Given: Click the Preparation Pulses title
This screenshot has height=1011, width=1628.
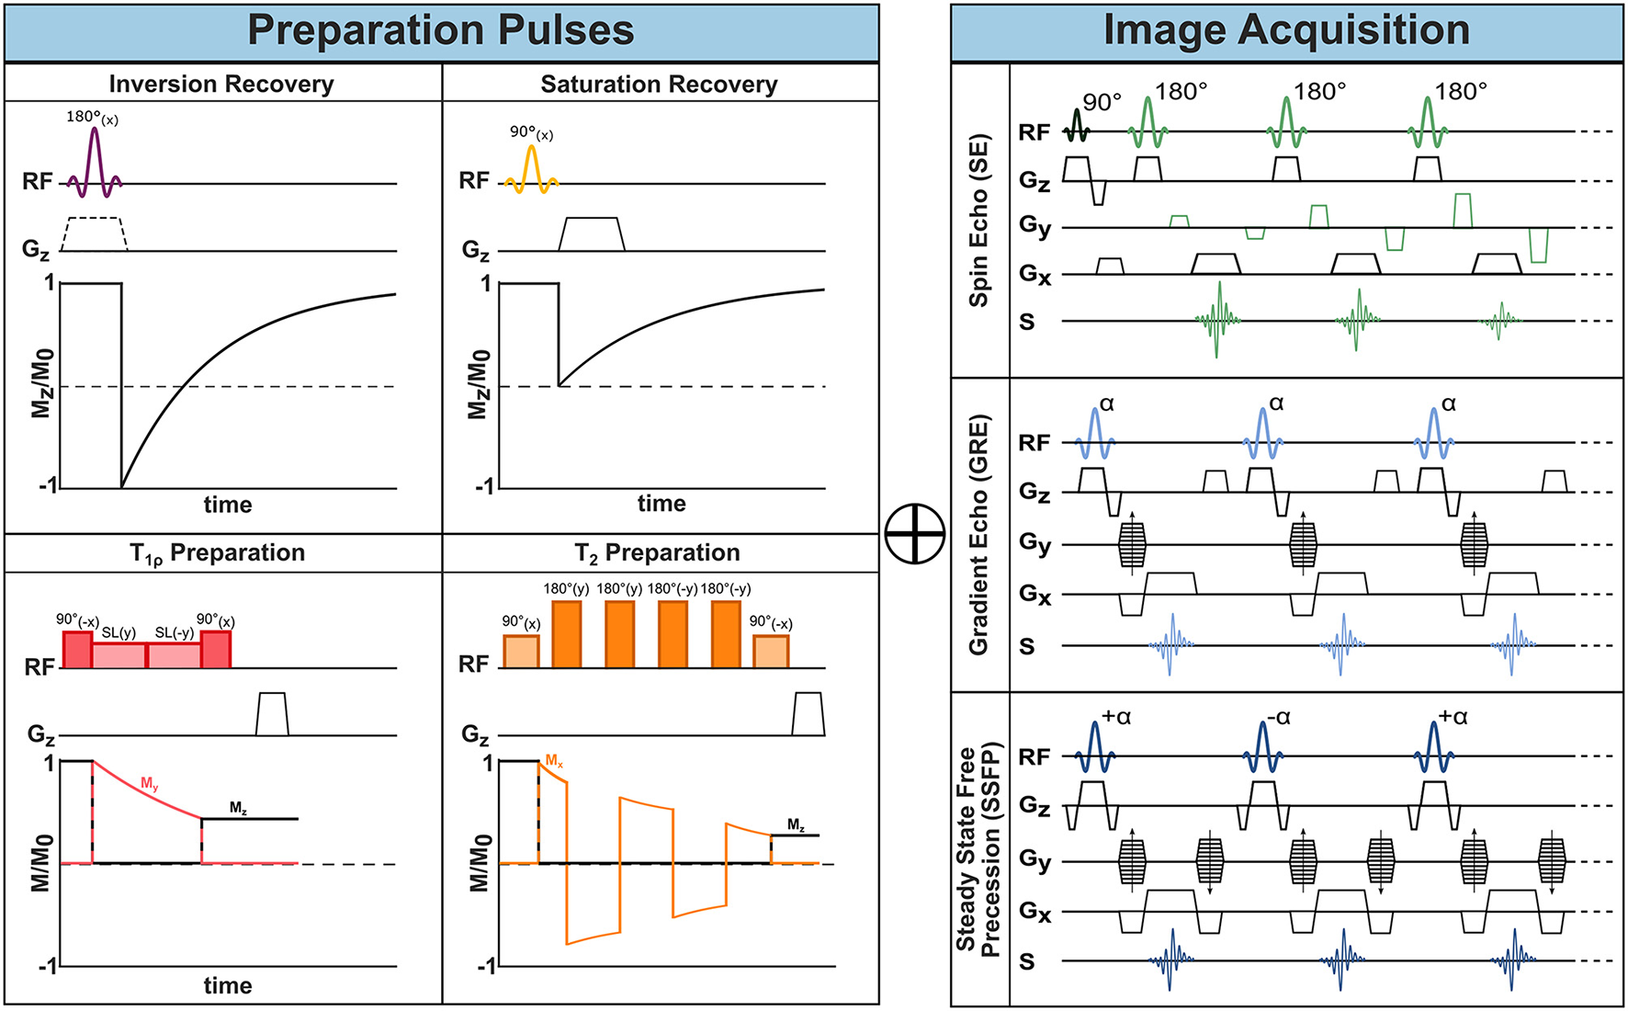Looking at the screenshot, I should tap(440, 30).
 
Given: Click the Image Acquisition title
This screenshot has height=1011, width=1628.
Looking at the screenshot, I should tap(1285, 30).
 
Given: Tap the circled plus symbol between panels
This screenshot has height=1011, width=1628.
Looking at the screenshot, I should tap(914, 534).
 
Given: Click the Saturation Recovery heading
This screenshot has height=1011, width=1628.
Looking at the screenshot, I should tap(659, 85).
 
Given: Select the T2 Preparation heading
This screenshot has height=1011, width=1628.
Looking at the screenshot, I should tap(657, 552).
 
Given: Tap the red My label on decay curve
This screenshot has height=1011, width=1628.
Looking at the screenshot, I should tap(150, 784).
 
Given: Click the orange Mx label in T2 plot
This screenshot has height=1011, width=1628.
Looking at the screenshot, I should tap(554, 761).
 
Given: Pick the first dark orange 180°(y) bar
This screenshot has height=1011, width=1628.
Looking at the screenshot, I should tap(566, 633).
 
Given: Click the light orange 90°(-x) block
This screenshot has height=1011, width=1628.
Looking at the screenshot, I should tap(770, 651).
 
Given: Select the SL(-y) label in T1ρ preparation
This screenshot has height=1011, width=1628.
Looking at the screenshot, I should tap(174, 632).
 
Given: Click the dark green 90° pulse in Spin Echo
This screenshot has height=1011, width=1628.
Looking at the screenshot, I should tap(1077, 127).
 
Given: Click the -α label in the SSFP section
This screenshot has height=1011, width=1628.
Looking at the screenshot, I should tap(1278, 718).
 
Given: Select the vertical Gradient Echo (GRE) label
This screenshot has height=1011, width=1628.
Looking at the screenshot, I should tap(978, 535).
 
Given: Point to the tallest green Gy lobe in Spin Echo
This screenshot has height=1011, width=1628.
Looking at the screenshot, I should tap(1463, 210).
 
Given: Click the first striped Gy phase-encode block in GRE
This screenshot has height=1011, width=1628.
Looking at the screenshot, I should tap(1132, 544).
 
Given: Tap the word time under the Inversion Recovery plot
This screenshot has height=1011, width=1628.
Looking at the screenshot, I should tap(227, 505).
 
